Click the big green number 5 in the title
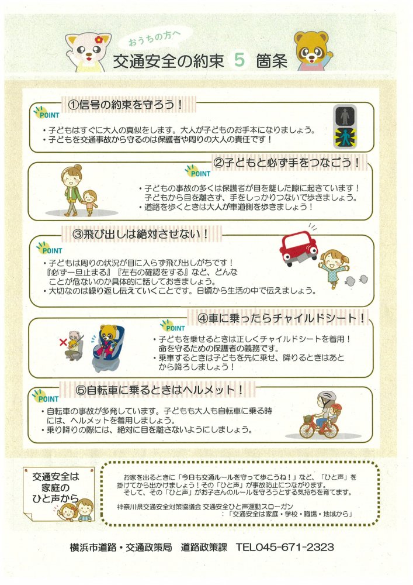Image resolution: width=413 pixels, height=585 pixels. click(x=240, y=60)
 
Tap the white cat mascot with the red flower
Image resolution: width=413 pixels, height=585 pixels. click(x=88, y=52)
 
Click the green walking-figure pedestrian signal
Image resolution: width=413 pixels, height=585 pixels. click(x=345, y=137)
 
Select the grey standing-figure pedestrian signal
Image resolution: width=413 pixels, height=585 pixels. click(x=345, y=116)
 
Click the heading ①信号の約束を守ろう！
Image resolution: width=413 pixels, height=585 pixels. click(x=126, y=105)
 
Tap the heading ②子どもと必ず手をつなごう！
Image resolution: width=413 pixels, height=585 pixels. click(x=287, y=163)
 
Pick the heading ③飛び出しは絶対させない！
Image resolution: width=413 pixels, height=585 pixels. click(x=141, y=235)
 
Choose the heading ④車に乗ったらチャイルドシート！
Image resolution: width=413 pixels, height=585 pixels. click(x=281, y=318)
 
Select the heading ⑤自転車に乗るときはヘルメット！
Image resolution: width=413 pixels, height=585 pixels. click(x=159, y=390)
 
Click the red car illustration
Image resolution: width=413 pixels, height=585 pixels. click(x=299, y=247)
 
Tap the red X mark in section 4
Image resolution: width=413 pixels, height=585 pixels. click(x=63, y=342)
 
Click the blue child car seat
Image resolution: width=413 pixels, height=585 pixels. click(x=108, y=349)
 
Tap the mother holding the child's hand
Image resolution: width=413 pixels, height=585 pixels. click(x=71, y=191)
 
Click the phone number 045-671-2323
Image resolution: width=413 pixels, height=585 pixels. click(x=285, y=548)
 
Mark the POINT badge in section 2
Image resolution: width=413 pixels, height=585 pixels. click(x=198, y=171)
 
